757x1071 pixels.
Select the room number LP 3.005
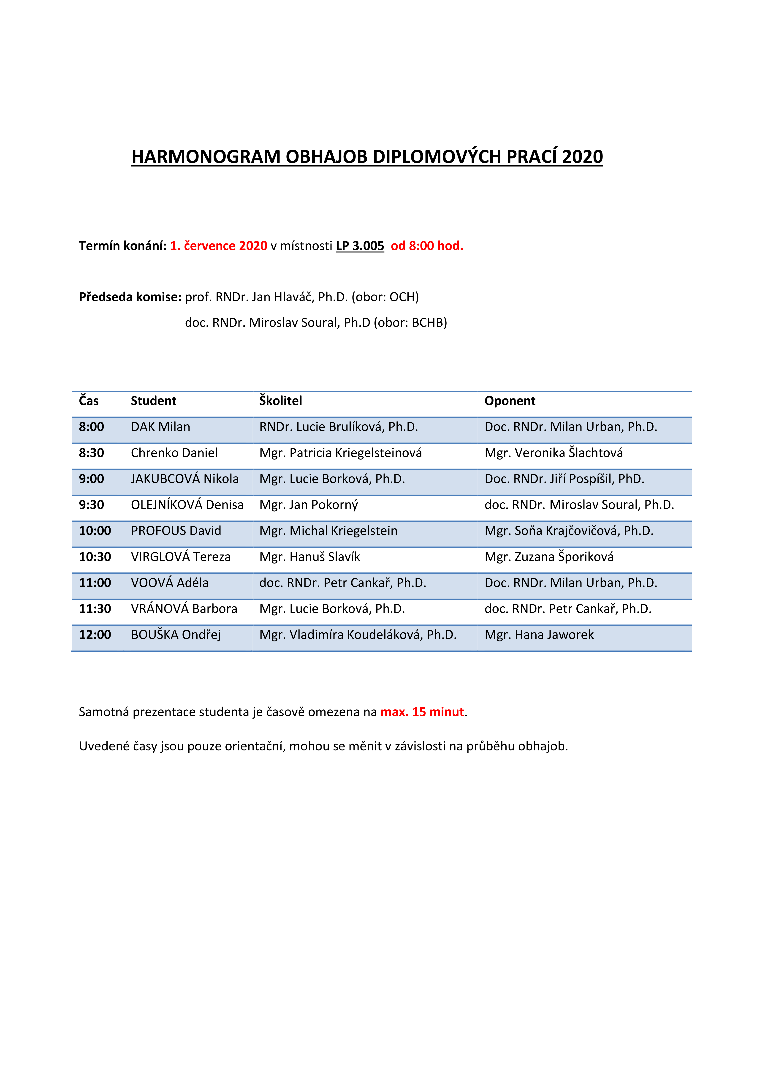click(360, 246)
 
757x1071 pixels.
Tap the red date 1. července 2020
click(219, 246)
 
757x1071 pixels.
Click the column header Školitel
click(281, 401)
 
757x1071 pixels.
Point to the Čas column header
click(89, 401)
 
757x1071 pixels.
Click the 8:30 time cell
click(91, 453)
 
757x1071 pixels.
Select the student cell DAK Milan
click(160, 427)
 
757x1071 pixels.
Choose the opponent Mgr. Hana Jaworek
click(539, 635)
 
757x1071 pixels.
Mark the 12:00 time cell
click(95, 635)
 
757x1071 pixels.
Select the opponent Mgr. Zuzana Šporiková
click(549, 557)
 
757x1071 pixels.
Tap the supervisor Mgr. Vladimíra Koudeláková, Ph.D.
click(358, 635)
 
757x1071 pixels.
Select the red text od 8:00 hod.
click(427, 246)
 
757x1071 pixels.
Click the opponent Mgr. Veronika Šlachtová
click(554, 453)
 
